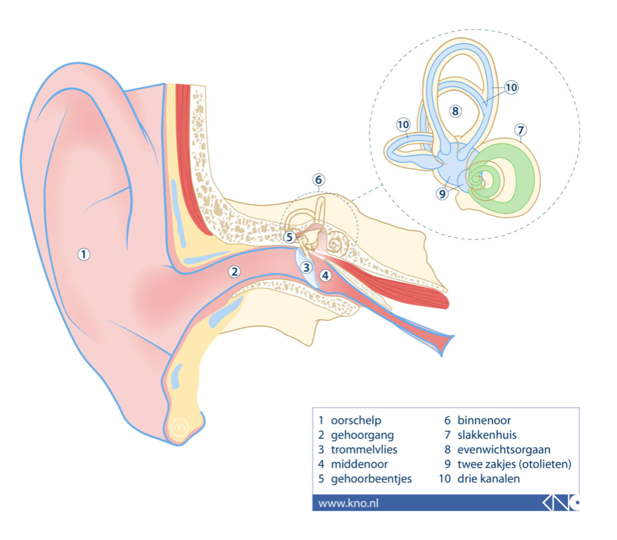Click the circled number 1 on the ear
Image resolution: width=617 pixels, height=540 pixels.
[83, 254]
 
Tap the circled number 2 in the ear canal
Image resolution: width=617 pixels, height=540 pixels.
[234, 272]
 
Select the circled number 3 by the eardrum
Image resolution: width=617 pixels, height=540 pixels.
[306, 268]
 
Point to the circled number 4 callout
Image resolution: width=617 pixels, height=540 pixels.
[325, 275]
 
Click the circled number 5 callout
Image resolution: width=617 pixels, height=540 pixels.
[290, 237]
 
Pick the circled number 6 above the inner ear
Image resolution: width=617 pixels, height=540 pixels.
[319, 180]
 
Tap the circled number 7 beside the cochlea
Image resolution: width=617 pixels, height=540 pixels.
[521, 130]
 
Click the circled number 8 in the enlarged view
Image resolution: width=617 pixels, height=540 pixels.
[455, 112]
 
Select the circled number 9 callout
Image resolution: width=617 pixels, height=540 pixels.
[443, 194]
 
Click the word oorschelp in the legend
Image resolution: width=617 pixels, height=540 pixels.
[356, 421]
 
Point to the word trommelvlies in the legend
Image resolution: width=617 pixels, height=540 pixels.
[364, 450]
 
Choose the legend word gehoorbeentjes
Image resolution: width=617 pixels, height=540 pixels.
[371, 479]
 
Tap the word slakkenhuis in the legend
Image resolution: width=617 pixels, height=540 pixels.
[487, 435]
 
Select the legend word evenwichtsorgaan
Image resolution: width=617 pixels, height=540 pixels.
[503, 450]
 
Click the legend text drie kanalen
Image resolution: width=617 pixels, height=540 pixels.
[489, 479]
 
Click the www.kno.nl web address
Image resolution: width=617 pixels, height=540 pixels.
[349, 503]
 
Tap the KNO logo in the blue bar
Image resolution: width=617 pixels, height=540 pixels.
[561, 503]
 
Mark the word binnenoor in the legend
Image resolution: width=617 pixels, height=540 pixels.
[484, 421]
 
